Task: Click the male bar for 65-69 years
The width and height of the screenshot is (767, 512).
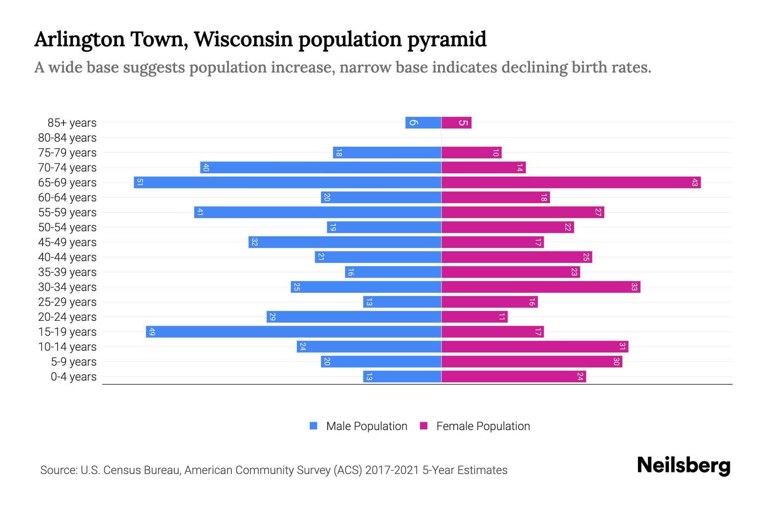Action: [x=288, y=182]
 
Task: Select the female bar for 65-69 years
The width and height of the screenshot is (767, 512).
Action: [x=571, y=182]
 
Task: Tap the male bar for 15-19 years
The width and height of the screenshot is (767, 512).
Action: [x=294, y=332]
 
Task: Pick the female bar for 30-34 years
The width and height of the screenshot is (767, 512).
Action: [x=541, y=287]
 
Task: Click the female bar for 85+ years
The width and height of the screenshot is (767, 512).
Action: [x=456, y=123]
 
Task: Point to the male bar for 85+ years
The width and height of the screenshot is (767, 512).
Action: [x=423, y=123]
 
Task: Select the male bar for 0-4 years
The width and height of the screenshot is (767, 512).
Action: [x=402, y=376]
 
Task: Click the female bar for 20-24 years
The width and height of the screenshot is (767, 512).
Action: [x=474, y=317]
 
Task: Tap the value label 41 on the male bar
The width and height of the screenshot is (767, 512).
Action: [x=200, y=212]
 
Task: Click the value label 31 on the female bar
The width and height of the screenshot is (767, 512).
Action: [x=622, y=346]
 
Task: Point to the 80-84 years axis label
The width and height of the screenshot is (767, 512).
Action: [x=67, y=138]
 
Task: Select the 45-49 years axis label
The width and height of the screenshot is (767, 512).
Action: [x=67, y=242]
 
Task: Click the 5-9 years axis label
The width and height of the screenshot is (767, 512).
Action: [x=74, y=362]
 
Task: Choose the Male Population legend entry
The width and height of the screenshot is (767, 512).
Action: [x=366, y=426]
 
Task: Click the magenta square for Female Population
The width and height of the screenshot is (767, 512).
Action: [x=424, y=426]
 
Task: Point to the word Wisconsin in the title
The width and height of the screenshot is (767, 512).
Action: [x=243, y=39]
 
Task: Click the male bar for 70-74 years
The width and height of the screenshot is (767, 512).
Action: [x=321, y=167]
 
